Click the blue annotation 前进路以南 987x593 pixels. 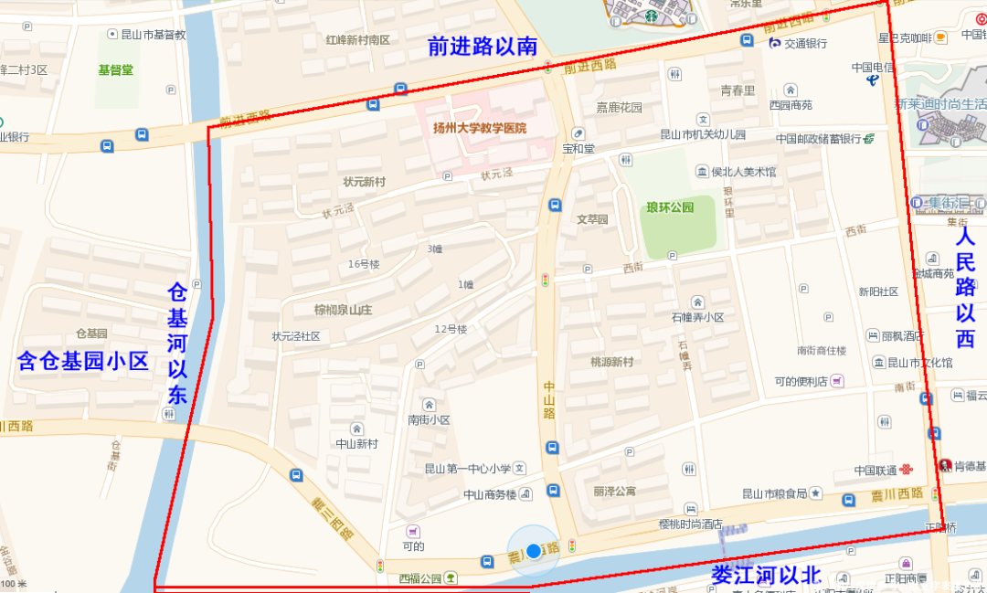point(482,47)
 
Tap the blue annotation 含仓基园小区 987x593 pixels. point(83,361)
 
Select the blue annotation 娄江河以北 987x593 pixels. point(766,576)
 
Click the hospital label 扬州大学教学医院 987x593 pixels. point(480,129)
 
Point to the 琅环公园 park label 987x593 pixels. point(670,207)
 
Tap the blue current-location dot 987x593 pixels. point(534,551)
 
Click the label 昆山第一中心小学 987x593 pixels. point(467,469)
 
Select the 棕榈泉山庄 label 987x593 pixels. point(344,309)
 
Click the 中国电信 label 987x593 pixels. point(873,67)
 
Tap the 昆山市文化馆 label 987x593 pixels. point(919,363)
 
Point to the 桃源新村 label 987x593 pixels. point(611,362)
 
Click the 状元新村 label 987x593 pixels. point(364,182)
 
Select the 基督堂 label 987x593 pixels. point(116,69)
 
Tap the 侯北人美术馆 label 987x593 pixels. point(743,172)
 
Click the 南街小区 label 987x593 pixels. point(429,419)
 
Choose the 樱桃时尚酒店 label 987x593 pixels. point(690,524)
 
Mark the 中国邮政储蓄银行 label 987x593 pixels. point(819,139)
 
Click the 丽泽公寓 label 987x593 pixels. point(614,492)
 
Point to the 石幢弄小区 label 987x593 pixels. point(697,317)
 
